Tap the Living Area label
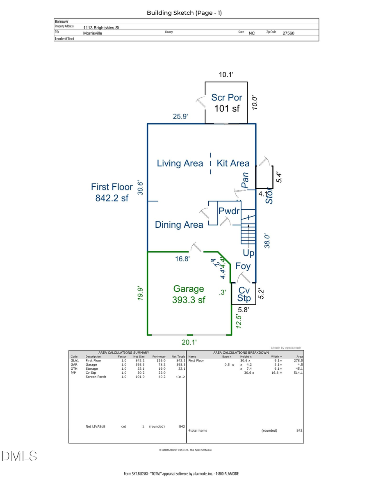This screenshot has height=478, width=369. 180,163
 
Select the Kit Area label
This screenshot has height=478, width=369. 232,163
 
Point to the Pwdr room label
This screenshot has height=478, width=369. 229,212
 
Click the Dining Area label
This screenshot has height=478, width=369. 179,225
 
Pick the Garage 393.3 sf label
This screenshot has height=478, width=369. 189,294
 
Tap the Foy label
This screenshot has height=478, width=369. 243,266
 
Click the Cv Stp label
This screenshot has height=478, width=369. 244,294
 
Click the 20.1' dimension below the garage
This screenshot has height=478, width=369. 190,341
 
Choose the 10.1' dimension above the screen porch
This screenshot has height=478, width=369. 226,75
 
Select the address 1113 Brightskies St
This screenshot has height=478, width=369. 101,27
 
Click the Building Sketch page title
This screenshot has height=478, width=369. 184,13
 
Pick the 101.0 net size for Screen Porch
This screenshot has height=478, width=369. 140,377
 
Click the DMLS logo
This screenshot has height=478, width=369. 19,456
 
